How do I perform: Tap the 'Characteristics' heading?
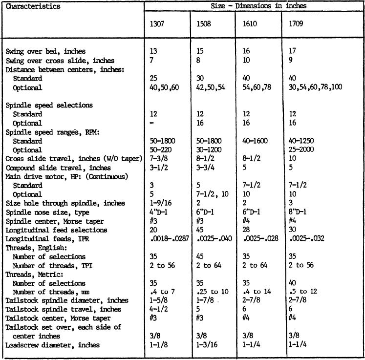pyautogui.click(x=33, y=6)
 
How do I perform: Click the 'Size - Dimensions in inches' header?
pyautogui.click(x=255, y=6)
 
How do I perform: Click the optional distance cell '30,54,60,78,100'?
pyautogui.click(x=316, y=88)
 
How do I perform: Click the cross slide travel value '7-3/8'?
pyautogui.click(x=158, y=159)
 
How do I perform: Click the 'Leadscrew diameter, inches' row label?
pyautogui.click(x=53, y=345)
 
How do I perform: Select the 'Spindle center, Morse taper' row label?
pyautogui.click(x=53, y=221)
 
